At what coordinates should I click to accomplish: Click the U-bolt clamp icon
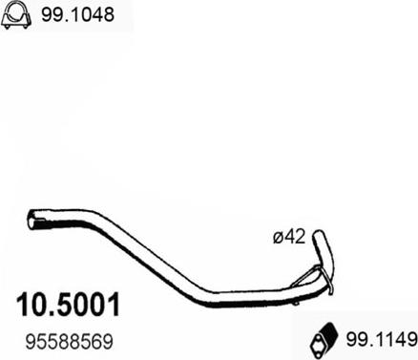(16, 16)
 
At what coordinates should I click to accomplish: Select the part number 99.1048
(77, 14)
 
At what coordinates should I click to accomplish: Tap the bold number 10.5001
(69, 305)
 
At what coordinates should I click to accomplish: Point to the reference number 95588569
(70, 342)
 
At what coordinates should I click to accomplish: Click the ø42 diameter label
(289, 237)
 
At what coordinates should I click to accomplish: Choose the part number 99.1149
(381, 340)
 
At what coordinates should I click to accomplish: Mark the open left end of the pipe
(31, 220)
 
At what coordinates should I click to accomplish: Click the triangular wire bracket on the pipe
(307, 276)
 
